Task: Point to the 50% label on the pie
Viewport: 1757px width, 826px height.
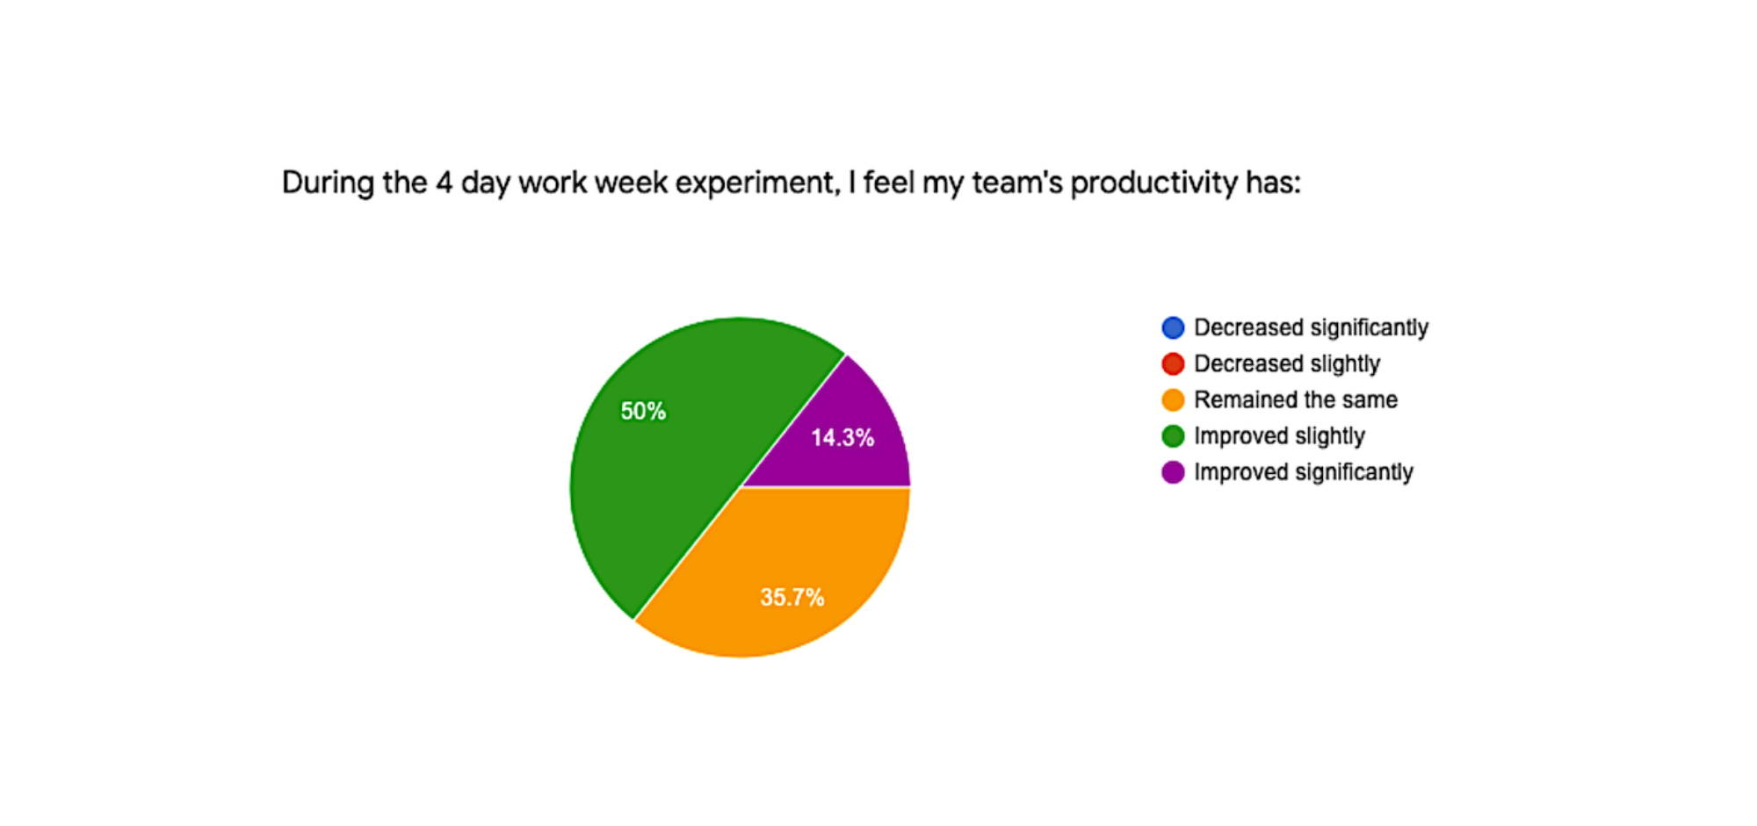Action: [643, 411]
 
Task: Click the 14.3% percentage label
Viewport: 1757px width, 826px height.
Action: [842, 437]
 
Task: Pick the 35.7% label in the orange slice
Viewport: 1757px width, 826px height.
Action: [792, 597]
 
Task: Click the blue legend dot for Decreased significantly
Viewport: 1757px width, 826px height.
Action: [1173, 327]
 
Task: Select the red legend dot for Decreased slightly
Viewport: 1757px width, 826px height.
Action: [1173, 363]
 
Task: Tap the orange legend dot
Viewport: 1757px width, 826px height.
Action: [1173, 399]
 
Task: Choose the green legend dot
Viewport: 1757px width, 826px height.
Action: [1173, 435]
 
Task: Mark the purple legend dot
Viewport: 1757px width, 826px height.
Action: [1173, 471]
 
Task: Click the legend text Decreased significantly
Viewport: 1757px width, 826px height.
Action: [1311, 328]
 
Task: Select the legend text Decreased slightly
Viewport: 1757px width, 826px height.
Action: [1287, 364]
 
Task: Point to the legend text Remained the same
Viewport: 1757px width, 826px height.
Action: [1296, 399]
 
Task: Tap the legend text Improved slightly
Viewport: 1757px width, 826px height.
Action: [1279, 436]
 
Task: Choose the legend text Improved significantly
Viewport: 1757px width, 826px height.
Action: [1304, 472]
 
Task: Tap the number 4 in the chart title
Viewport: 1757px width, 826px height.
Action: [445, 183]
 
